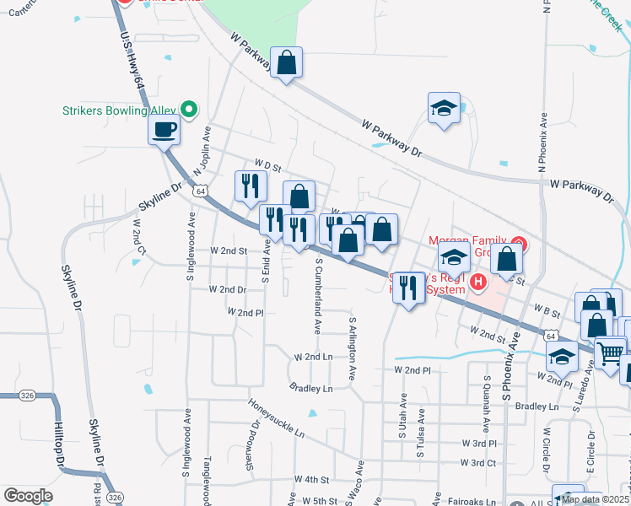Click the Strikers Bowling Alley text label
point(121,110)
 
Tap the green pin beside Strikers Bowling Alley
point(190,109)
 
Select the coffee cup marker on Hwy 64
point(164,130)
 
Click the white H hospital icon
point(478,282)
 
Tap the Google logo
point(28,496)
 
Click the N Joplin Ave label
point(202,153)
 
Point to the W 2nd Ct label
point(138,239)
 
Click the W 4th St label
point(310,480)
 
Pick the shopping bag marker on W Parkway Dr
point(287,63)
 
